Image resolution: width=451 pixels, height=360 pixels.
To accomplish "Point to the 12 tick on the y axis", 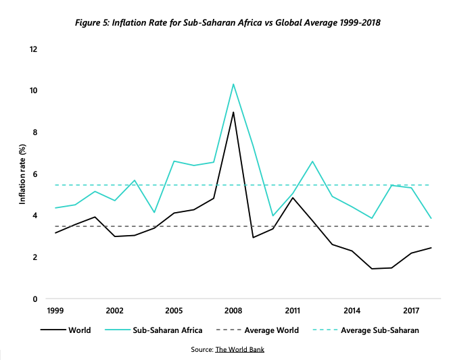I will coord(33,49).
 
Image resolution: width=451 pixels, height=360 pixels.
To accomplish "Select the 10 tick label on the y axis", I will coord(33,91).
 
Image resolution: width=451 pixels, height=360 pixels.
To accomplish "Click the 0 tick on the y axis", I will coord(35,299).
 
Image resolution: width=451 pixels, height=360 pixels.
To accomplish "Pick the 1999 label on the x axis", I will coord(55,311).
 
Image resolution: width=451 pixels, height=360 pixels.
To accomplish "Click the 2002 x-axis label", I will coord(114,311).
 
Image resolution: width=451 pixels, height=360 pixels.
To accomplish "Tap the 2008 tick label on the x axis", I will coord(233,311).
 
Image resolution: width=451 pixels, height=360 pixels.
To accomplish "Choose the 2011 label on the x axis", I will coord(292,311).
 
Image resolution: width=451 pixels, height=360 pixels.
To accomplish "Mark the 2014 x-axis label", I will coord(351,311).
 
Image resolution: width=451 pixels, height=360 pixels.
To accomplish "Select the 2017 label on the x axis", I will coord(410,311).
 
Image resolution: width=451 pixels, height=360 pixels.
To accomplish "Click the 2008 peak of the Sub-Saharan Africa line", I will coord(233,84).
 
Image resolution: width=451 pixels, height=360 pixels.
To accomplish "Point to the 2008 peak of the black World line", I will coord(233,112).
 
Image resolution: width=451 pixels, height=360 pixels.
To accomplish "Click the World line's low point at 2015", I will coord(371,269).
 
